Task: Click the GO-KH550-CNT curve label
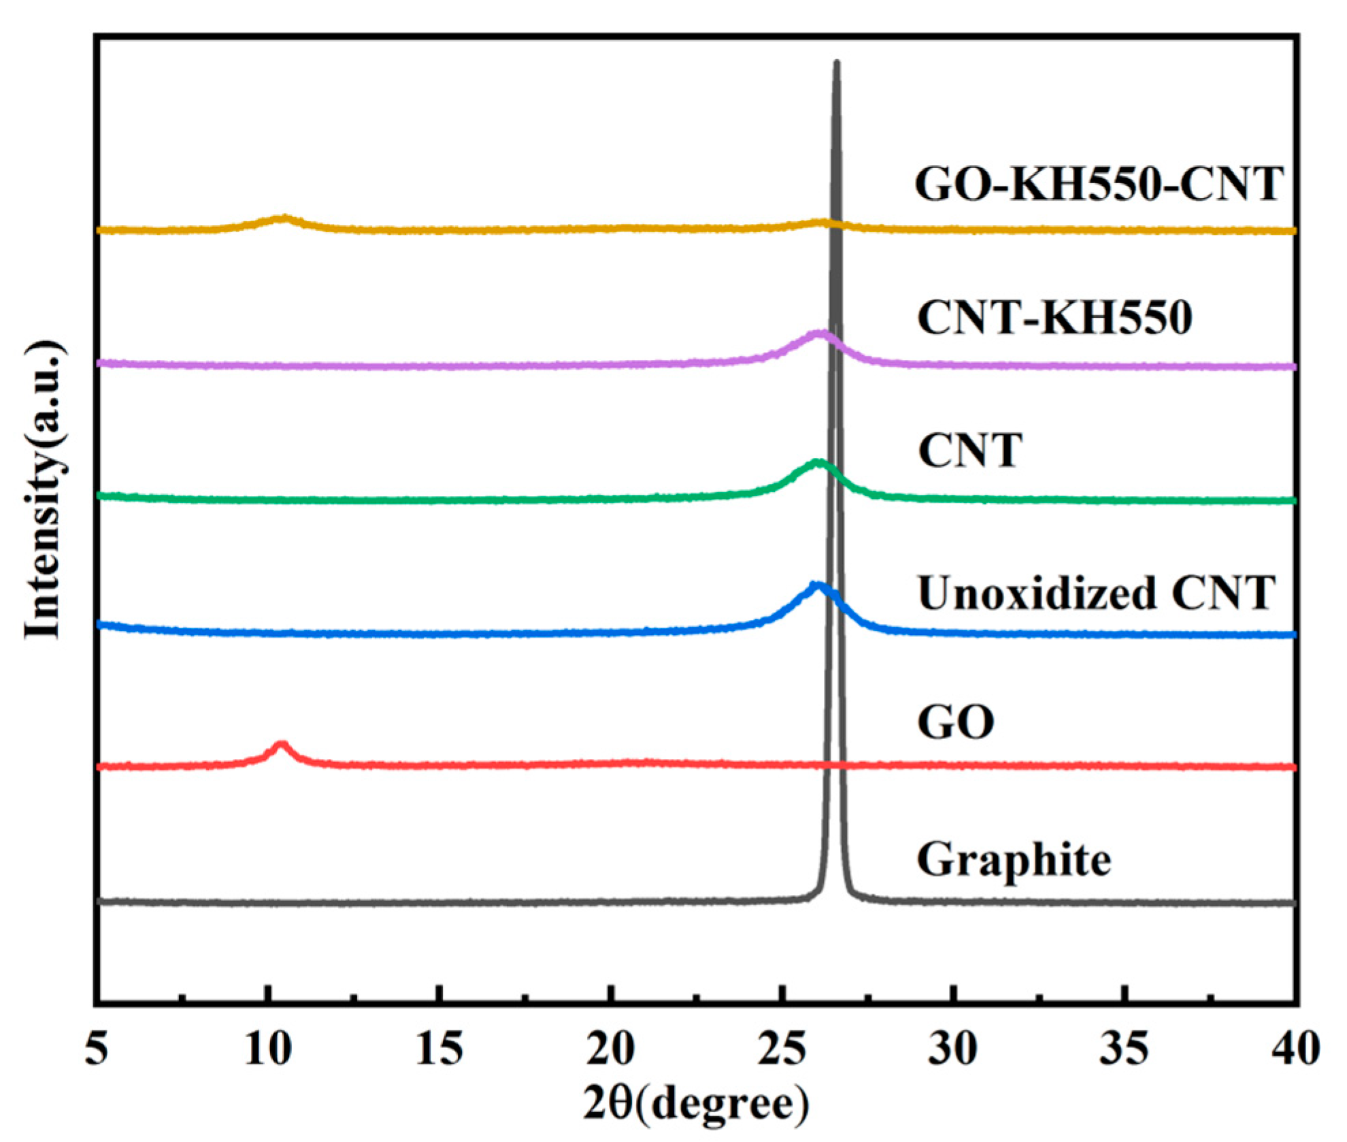click(1098, 184)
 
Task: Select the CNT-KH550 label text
click(1054, 317)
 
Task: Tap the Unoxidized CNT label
click(1095, 592)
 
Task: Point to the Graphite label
click(1014, 860)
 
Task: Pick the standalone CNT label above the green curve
click(969, 450)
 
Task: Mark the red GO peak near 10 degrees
click(282, 745)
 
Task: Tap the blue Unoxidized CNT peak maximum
click(817, 585)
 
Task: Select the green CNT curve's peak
click(818, 463)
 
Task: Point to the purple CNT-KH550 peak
click(821, 333)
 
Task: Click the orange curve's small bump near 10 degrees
click(283, 218)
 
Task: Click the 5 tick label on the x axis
click(97, 1048)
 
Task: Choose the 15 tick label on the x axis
click(439, 1048)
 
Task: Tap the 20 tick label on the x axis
click(611, 1048)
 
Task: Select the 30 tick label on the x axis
click(954, 1048)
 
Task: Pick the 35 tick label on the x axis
click(1125, 1048)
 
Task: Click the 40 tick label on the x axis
click(1295, 1048)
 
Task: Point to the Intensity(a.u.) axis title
click(45, 490)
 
